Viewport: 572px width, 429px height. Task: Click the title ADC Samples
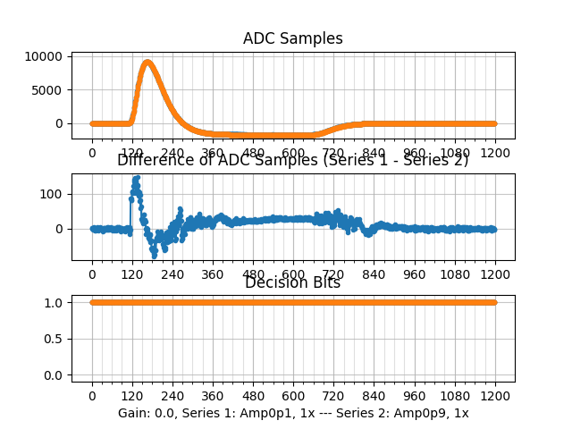292,38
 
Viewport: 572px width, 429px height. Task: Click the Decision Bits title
292,283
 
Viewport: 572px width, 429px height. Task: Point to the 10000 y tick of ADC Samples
43,56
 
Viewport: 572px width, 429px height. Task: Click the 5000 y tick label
46,89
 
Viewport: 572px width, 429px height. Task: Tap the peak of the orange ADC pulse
147,63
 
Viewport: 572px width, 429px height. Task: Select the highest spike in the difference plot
136,178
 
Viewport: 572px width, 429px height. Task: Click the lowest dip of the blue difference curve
154,256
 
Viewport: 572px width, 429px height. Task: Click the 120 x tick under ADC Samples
132,153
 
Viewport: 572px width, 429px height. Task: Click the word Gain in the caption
132,413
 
